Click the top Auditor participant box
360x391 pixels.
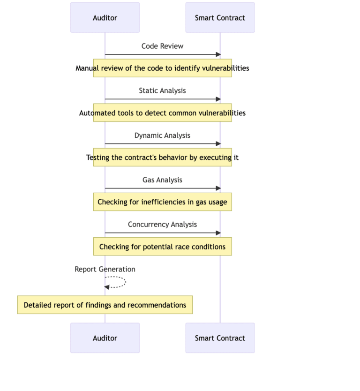[x=105, y=18]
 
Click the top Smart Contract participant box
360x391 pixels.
[x=220, y=18]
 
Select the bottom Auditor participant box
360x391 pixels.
[x=105, y=338]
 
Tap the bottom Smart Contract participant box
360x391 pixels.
[x=220, y=338]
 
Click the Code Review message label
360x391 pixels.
[x=162, y=46]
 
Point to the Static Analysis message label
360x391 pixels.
[x=162, y=90]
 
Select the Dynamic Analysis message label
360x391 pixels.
[x=162, y=135]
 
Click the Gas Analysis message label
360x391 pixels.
[x=162, y=180]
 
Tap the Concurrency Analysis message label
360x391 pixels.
[x=162, y=225]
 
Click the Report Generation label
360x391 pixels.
[x=105, y=269]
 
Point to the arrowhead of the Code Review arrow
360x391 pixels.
[x=217, y=54]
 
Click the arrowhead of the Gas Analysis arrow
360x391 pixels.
[x=217, y=188]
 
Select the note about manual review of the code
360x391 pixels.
[x=162, y=68]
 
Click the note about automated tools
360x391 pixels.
[x=162, y=113]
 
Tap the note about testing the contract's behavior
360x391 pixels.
[x=162, y=158]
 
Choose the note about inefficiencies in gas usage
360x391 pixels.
[x=162, y=202]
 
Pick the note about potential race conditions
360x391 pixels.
[x=162, y=247]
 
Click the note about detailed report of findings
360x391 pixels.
[x=105, y=305]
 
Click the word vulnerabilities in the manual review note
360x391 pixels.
[x=225, y=68]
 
